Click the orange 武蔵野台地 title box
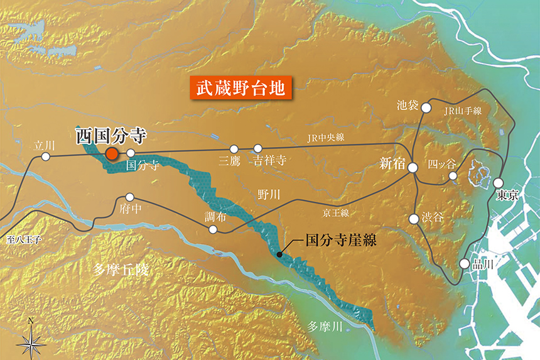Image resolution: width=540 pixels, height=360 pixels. [241, 88]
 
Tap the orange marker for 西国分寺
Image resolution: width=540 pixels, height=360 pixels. [112, 154]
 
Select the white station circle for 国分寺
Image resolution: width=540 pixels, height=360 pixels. [131, 153]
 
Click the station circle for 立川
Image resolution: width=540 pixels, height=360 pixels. [45, 156]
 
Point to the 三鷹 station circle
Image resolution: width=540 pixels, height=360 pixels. [234, 149]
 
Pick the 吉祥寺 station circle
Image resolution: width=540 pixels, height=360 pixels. [257, 149]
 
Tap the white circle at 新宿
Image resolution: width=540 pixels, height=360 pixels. [413, 168]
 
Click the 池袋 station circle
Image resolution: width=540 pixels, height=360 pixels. [426, 107]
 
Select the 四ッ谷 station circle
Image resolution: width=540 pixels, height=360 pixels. [453, 176]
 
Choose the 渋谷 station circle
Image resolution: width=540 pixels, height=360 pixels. [414, 219]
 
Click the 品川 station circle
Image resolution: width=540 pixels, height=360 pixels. [464, 264]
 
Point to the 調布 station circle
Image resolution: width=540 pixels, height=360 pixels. [213, 229]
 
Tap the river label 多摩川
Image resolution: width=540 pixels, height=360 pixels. [323, 326]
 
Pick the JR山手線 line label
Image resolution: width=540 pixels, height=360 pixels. [462, 111]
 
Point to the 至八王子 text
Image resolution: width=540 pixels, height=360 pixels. [24, 239]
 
